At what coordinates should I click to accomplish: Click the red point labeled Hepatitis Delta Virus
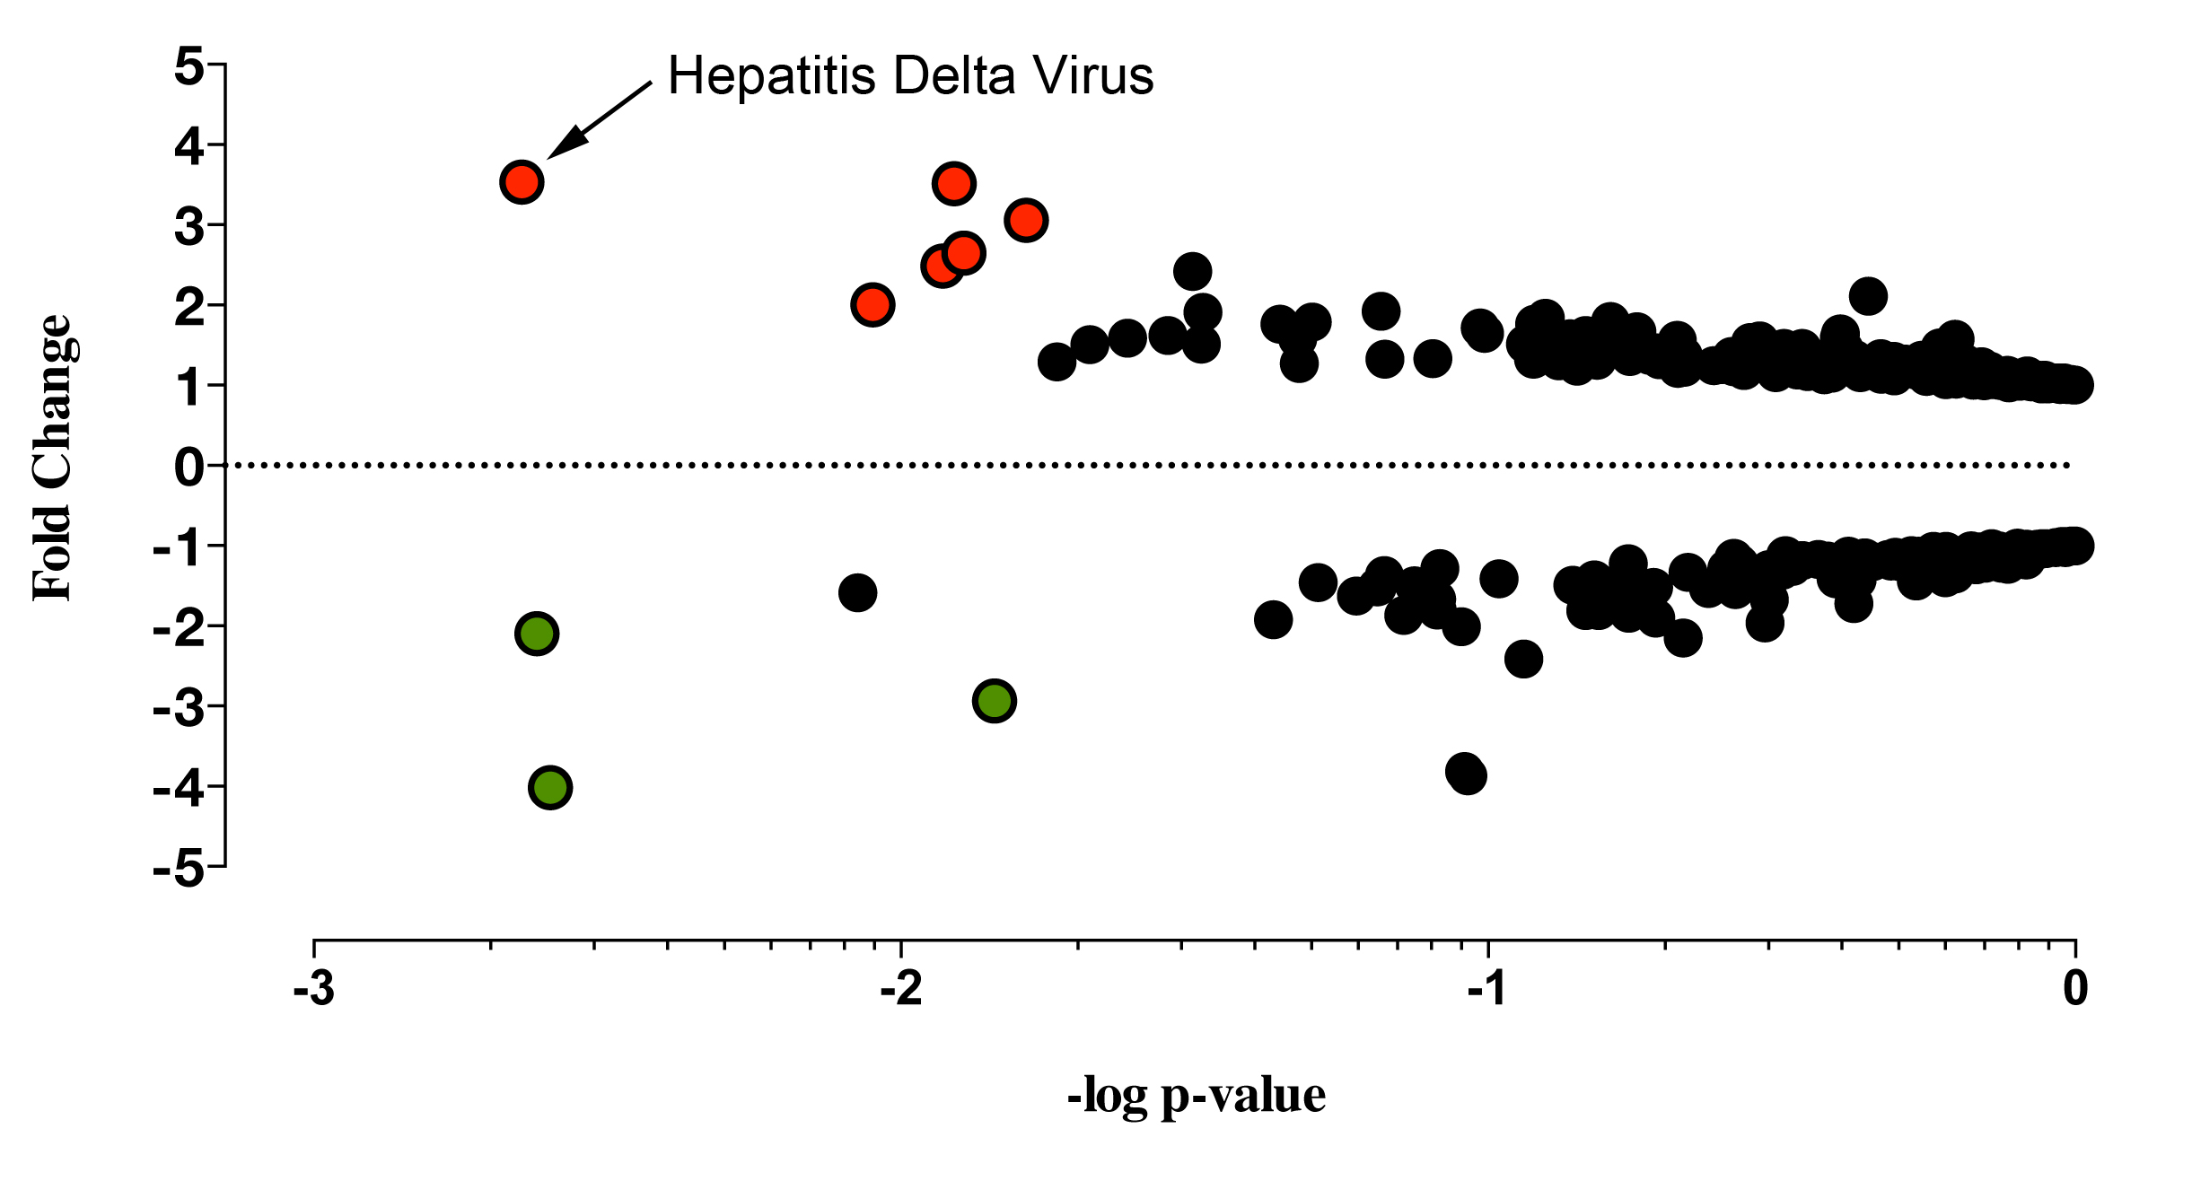tap(522, 182)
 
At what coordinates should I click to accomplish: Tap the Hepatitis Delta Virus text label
tap(910, 75)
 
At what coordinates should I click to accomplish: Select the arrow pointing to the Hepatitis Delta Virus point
tap(599, 120)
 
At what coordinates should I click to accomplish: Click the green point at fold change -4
tap(550, 788)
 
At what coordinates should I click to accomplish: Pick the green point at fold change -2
tap(537, 634)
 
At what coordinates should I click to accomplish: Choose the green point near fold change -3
tap(994, 700)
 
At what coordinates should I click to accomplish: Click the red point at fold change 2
tap(872, 305)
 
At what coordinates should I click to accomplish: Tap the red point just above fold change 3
tap(1026, 220)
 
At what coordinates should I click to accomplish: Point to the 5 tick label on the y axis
tap(189, 66)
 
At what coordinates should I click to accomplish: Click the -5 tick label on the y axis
tap(179, 869)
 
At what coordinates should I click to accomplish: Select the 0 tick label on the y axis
tap(189, 467)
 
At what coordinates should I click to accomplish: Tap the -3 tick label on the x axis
tap(313, 989)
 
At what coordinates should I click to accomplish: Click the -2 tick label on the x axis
tap(901, 989)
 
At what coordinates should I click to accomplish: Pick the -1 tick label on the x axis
tap(1488, 989)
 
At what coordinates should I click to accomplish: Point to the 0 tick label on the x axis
tap(2075, 989)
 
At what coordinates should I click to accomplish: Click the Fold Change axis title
tap(52, 458)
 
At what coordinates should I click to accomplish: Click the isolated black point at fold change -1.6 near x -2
tap(857, 592)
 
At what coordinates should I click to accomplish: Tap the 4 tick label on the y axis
tap(189, 146)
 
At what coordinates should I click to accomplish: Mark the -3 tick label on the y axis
tap(179, 708)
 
